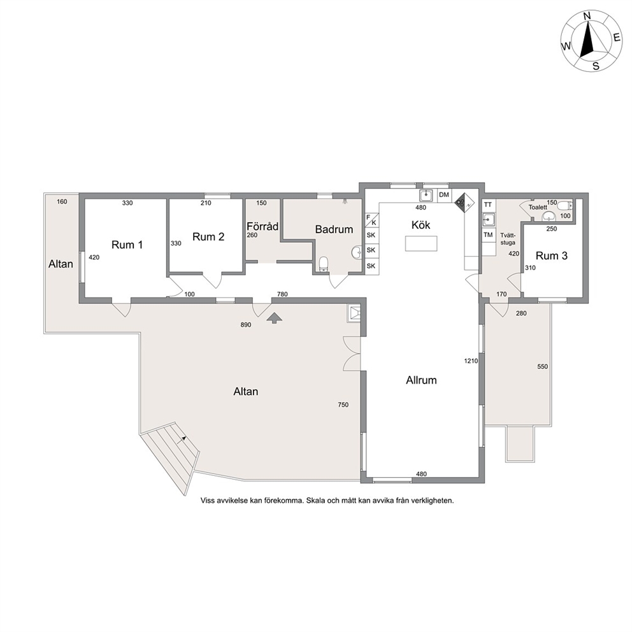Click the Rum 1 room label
(x=127, y=245)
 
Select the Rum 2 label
(x=208, y=236)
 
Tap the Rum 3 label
(x=551, y=255)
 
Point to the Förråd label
(x=262, y=227)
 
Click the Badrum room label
(x=334, y=229)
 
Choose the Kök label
(x=420, y=224)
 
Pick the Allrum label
(x=421, y=380)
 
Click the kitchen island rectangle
(x=421, y=244)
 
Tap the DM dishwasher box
(x=444, y=195)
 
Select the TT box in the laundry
(x=488, y=205)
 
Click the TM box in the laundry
(x=488, y=234)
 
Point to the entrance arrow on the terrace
(x=274, y=318)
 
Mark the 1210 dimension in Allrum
(x=471, y=361)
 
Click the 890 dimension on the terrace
(x=246, y=325)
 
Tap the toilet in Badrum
(x=324, y=264)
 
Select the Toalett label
(x=538, y=207)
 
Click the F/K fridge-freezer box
(x=371, y=220)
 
